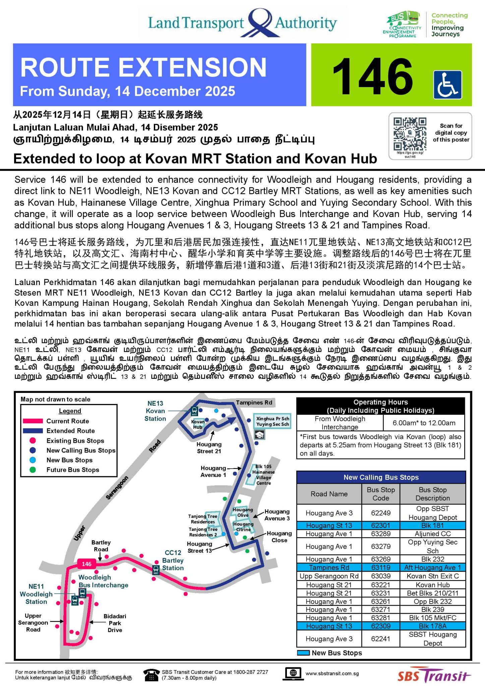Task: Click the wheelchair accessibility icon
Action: [x=447, y=84]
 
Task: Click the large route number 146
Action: [x=372, y=76]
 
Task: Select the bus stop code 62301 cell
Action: [x=380, y=525]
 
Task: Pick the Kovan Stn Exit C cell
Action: [x=432, y=576]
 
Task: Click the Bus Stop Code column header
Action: [x=380, y=494]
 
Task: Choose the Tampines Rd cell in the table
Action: [x=329, y=567]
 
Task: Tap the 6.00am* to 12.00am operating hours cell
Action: [x=424, y=423]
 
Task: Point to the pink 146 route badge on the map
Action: [x=86, y=564]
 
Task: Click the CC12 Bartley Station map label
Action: [x=173, y=560]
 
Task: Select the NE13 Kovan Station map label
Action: [x=155, y=411]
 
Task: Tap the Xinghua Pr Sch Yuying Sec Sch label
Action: [x=272, y=421]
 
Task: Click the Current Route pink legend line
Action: [x=33, y=421]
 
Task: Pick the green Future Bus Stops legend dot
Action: [x=33, y=470]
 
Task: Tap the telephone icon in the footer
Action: [x=151, y=675]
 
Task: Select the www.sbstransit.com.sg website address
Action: [x=332, y=674]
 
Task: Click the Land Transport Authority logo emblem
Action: [x=260, y=22]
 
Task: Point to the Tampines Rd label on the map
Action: [x=254, y=402]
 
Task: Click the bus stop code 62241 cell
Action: [x=380, y=639]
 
